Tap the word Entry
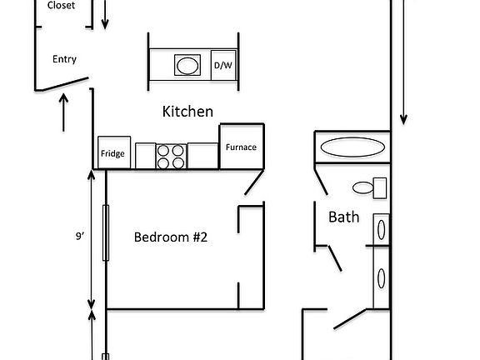coord(64,59)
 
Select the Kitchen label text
coord(187,111)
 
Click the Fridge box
coord(113,152)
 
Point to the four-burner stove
coord(172,156)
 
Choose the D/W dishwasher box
coord(222,65)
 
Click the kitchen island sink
coord(187,65)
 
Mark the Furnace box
coord(242,147)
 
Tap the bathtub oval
coord(353,147)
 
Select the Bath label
coord(344,217)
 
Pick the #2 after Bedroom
coord(197,237)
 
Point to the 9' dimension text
coord(81,236)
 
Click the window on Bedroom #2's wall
coord(106,232)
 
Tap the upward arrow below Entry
coord(64,112)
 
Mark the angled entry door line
coord(61,85)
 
